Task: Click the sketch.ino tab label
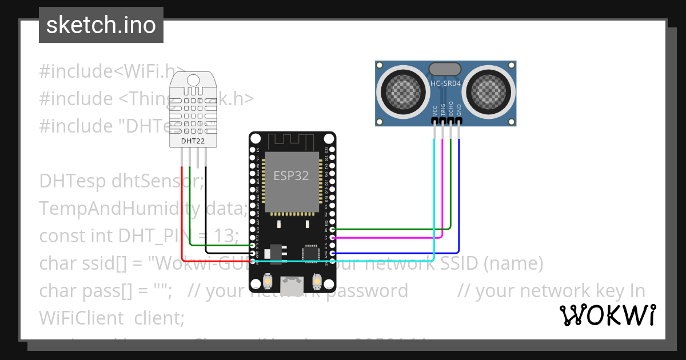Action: tap(101, 25)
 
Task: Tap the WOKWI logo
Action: tap(607, 315)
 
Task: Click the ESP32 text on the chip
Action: tap(291, 175)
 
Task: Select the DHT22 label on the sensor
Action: tap(193, 141)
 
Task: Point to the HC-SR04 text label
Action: tap(445, 84)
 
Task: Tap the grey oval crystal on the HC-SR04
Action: tap(445, 69)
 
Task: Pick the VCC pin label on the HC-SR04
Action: tap(435, 110)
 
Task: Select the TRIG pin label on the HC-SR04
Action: tap(443, 110)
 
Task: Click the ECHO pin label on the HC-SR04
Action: tap(451, 109)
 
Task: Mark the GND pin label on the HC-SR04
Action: tap(458, 110)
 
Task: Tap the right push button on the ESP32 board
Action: tap(317, 282)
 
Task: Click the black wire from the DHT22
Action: tap(206, 211)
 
